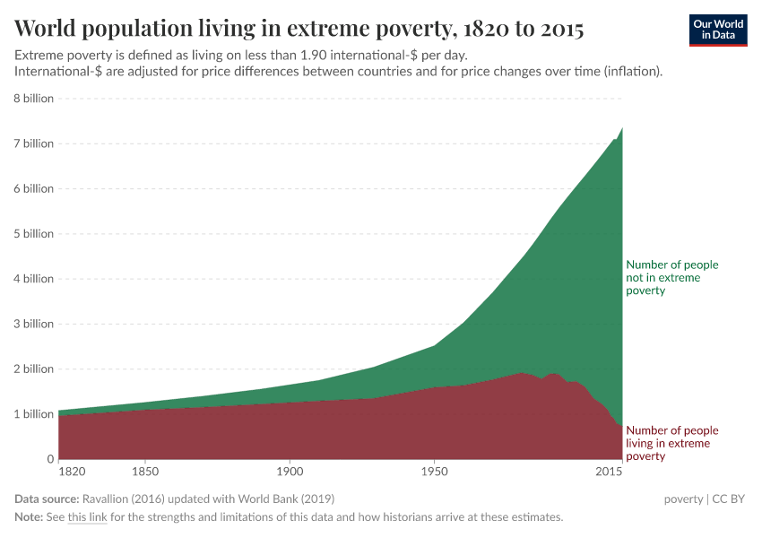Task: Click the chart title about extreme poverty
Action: pyautogui.click(x=299, y=30)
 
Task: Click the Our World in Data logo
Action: pyautogui.click(x=717, y=30)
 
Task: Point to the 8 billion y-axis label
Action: pyautogui.click(x=33, y=99)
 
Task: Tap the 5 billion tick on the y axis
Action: pyautogui.click(x=33, y=234)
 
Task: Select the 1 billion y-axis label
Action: pyautogui.click(x=33, y=414)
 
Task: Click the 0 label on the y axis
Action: pyautogui.click(x=50, y=459)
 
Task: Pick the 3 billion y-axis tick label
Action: pyautogui.click(x=33, y=324)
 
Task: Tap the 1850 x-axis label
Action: pyautogui.click(x=145, y=471)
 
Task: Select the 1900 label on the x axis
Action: pyautogui.click(x=290, y=471)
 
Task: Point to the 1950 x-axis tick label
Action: pyautogui.click(x=434, y=471)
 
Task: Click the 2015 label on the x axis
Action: pyautogui.click(x=610, y=471)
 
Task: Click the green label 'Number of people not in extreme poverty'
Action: pyautogui.click(x=671, y=278)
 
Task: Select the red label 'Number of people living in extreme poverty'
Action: pyautogui.click(x=671, y=443)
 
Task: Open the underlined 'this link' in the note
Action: pyautogui.click(x=87, y=517)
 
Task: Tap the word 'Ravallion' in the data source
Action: pyautogui.click(x=107, y=499)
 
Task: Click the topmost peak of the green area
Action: pyautogui.click(x=622, y=128)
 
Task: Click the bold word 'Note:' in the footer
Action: pyautogui.click(x=30, y=517)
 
